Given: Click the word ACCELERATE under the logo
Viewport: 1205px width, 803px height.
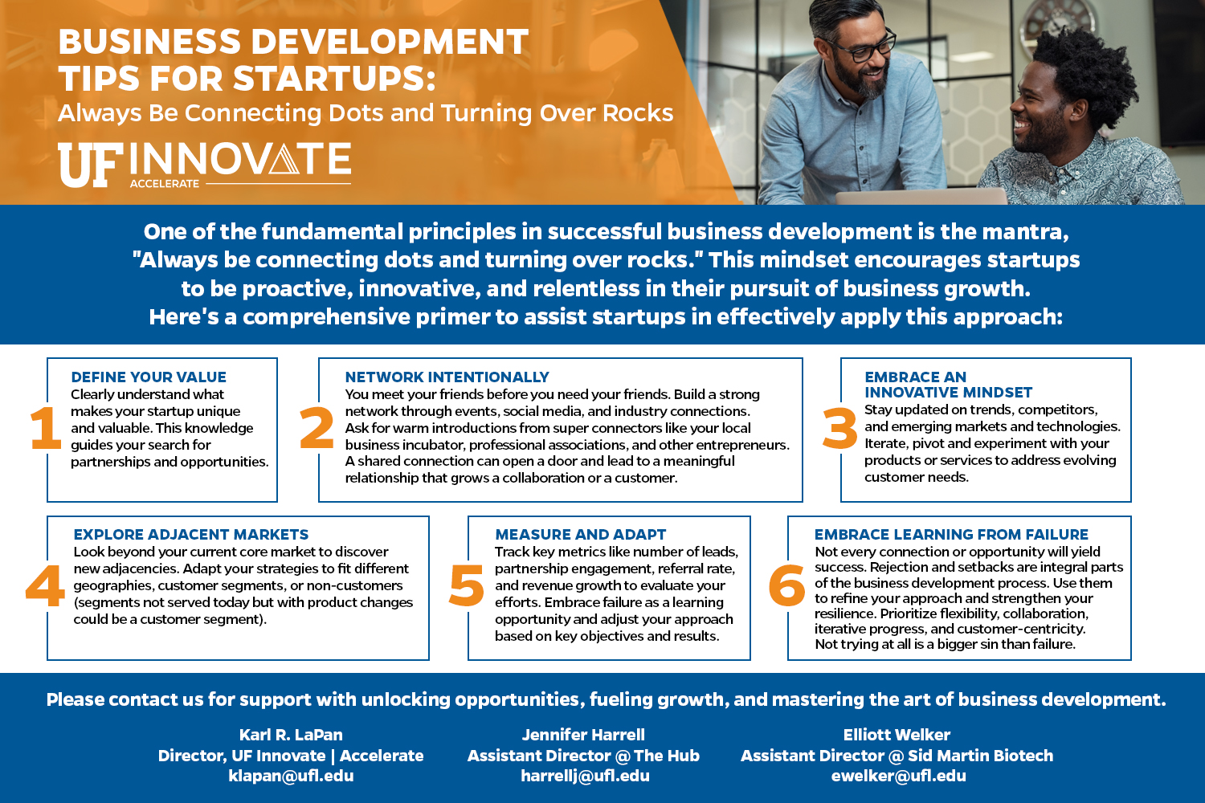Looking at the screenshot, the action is [165, 184].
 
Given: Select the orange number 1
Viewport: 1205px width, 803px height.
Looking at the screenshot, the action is [45, 427].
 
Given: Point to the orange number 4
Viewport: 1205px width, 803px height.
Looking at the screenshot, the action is [45, 585].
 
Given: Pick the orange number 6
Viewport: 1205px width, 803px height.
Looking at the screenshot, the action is [786, 585].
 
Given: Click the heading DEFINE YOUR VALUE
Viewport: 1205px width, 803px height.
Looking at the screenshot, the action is [149, 377].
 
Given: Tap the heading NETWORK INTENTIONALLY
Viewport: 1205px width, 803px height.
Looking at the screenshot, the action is [447, 377].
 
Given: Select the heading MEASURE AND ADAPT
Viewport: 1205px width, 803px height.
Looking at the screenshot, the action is [581, 535].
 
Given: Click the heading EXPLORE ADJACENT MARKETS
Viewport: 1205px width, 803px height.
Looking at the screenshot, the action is [191, 535].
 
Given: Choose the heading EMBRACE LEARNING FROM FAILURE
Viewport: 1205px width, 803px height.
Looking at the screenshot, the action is [951, 535].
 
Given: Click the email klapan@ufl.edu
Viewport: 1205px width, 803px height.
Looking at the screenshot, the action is [291, 777].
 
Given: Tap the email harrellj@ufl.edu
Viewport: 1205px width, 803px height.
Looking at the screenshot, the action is [586, 777].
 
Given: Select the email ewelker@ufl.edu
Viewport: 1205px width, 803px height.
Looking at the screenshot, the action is [898, 777].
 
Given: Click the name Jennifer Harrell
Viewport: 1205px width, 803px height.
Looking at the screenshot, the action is [583, 735].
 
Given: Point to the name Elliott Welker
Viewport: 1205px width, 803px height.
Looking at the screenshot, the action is [897, 735].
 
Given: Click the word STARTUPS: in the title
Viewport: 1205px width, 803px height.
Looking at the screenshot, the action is [334, 79].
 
